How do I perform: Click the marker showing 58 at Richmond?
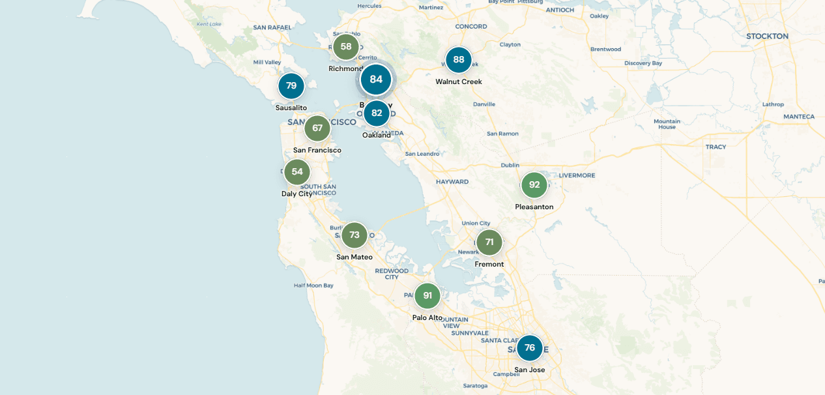click(346, 47)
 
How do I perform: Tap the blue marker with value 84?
click(376, 80)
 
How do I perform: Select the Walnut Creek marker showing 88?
click(459, 60)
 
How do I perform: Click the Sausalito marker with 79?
click(291, 86)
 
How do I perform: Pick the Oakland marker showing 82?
click(377, 113)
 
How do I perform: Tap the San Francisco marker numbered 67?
click(317, 128)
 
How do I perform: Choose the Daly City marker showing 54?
click(297, 172)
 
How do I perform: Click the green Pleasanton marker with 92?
click(534, 185)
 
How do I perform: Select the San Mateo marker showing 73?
click(355, 235)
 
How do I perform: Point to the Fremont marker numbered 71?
click(489, 242)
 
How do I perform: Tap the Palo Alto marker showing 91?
click(427, 296)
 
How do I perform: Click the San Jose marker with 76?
click(530, 348)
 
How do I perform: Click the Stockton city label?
click(767, 37)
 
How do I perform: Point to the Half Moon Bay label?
click(313, 285)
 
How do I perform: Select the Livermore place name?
click(577, 175)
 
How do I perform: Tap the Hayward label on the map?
click(452, 182)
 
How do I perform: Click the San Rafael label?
click(272, 27)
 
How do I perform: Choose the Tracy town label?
click(716, 147)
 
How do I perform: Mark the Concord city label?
click(471, 27)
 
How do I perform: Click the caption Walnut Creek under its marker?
click(459, 82)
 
